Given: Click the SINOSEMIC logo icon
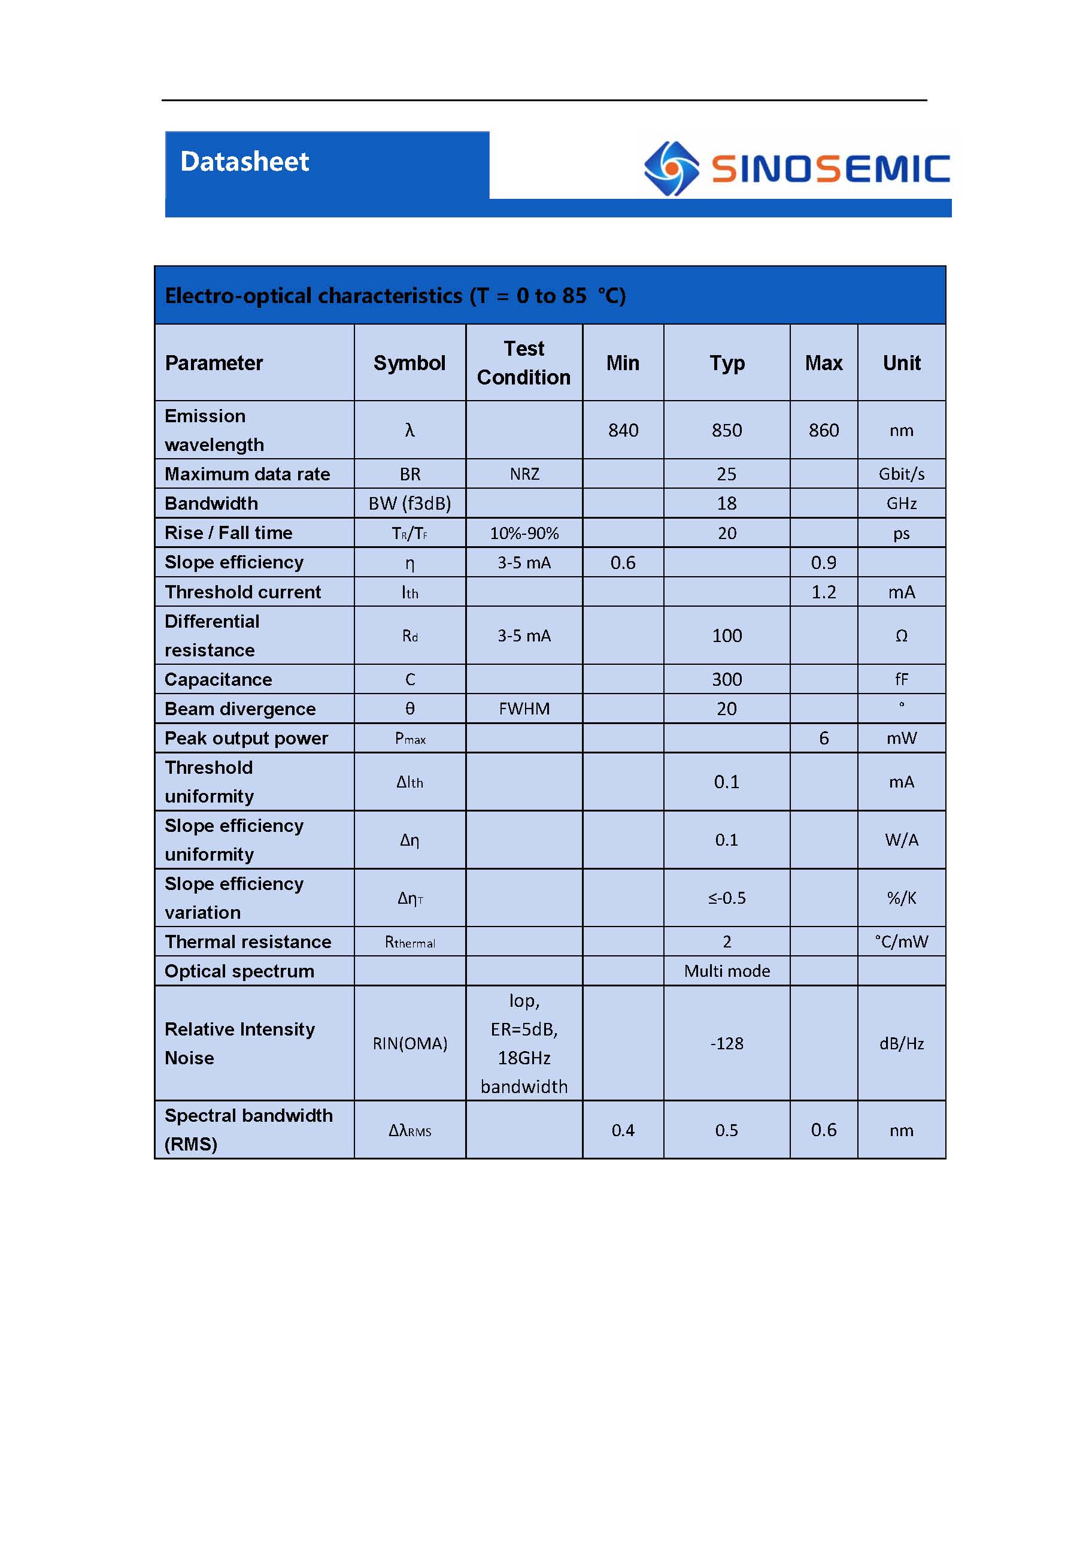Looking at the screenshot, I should [671, 168].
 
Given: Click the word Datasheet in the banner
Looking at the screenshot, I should [244, 162].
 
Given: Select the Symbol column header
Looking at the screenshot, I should [409, 363].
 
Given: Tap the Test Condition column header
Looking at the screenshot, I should [523, 363].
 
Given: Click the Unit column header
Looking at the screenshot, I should [901, 363].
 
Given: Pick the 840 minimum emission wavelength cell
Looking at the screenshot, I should [623, 430].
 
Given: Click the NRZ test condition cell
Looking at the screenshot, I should [524, 474].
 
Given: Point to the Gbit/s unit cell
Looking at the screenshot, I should [901, 474].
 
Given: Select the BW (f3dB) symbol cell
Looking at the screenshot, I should [409, 503].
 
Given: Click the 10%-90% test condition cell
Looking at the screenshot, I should [524, 534].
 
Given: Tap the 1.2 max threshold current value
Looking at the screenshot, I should [823, 592].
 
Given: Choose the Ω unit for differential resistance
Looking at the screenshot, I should [901, 635].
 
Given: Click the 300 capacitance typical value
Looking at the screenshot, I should [727, 679].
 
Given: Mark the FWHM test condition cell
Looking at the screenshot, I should [524, 709].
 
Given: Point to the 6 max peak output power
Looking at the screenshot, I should [823, 738].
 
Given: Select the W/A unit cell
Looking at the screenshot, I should [901, 840].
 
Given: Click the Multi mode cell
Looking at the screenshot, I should [727, 971].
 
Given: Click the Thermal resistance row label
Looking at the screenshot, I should [248, 941].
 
